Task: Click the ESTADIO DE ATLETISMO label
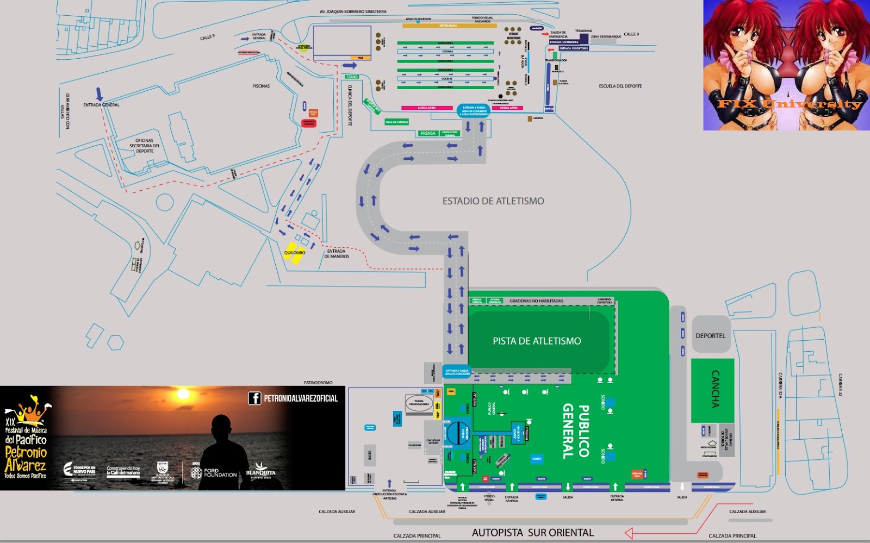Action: pos(493,201)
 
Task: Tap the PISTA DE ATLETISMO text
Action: pos(537,341)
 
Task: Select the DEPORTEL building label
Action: pos(710,336)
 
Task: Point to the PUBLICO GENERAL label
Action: pos(576,431)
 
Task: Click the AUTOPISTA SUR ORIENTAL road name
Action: pos(532,533)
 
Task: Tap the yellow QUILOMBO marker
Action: pos(294,253)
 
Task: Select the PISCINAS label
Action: pos(261,86)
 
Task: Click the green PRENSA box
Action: pos(428,133)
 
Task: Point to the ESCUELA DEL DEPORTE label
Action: pos(620,86)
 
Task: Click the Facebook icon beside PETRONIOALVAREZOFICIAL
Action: pos(254,398)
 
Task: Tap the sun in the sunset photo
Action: pos(183,394)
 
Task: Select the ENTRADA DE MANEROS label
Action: pos(337,254)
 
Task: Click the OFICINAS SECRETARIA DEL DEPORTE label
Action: pos(144,146)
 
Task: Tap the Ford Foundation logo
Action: pos(214,473)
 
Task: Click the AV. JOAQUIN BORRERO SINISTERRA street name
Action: pos(352,11)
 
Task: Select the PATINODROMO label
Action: pos(318,383)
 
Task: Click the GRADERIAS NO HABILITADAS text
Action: pos(536,301)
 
